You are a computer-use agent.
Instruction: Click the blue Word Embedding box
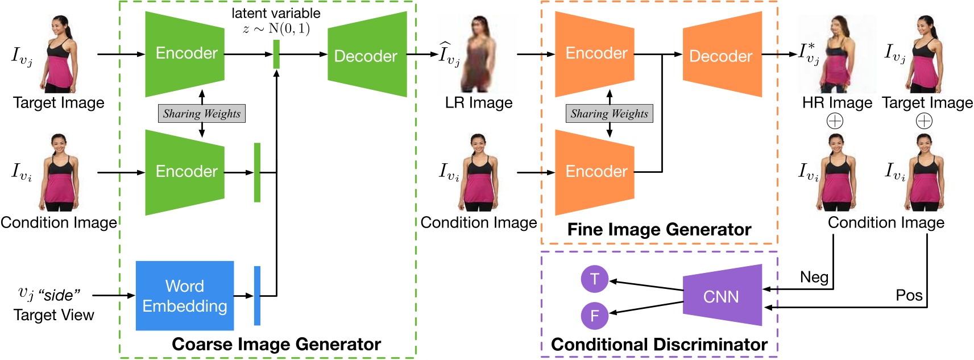(x=185, y=296)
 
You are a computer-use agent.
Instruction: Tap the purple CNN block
(x=721, y=296)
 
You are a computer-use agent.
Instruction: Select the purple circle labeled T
(x=595, y=279)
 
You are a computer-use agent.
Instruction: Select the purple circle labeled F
(x=595, y=316)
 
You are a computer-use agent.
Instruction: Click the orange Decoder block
(x=722, y=55)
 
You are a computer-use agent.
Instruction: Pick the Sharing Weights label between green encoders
(x=202, y=113)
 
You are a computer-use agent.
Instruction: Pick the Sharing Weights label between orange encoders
(x=610, y=113)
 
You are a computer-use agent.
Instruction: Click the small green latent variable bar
(x=276, y=54)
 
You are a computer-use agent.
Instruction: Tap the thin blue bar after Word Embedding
(x=257, y=296)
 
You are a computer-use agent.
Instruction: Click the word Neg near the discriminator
(x=814, y=277)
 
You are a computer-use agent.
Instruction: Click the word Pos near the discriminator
(x=909, y=295)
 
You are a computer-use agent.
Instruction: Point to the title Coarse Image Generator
(x=276, y=344)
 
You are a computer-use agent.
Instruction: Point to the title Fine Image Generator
(x=659, y=229)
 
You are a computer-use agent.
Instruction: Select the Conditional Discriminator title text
(x=659, y=344)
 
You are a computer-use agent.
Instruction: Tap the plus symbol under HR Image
(x=835, y=121)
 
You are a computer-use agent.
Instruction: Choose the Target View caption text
(x=54, y=315)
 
